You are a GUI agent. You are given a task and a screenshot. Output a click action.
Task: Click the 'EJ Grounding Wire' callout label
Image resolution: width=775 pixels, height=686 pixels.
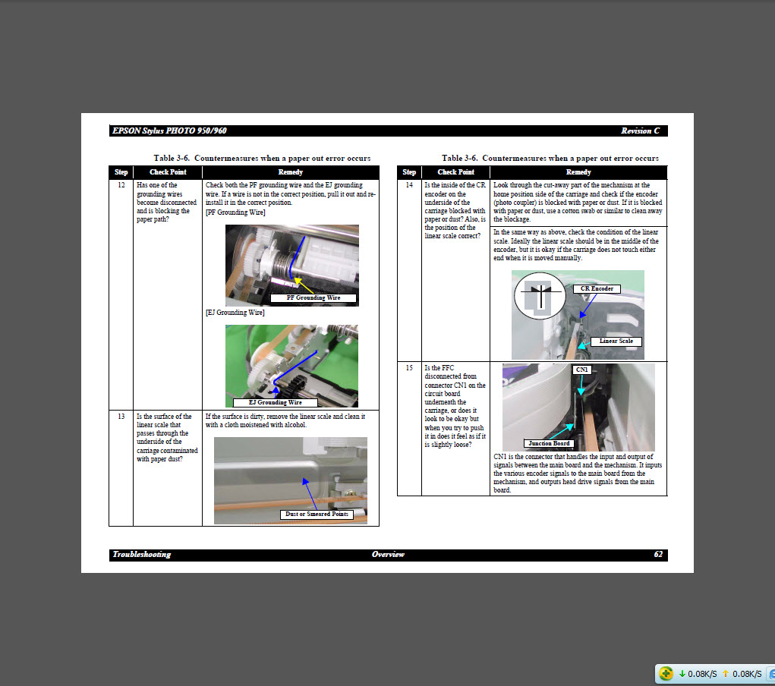(x=275, y=402)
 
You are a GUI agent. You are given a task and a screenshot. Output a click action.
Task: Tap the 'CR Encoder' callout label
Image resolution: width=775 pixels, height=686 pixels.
(x=596, y=288)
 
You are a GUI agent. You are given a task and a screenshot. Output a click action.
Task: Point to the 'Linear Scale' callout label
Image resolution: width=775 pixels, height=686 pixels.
(x=616, y=341)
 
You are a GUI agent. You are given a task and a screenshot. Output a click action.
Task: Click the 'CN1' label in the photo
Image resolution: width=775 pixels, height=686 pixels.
(x=581, y=369)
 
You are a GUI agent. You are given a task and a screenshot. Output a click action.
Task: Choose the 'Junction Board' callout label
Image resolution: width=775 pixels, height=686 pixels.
(x=549, y=443)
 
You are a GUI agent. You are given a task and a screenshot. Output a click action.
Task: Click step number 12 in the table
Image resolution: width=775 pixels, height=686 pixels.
(x=121, y=185)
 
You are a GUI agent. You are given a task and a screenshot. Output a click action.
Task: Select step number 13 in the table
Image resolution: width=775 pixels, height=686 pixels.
(x=121, y=417)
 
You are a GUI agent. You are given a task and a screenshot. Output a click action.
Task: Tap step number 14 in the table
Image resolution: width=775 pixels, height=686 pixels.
(x=409, y=185)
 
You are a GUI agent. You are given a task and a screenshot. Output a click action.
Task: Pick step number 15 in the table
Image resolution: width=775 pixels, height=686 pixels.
(x=409, y=367)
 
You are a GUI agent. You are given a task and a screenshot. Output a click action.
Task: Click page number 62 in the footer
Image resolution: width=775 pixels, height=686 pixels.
(x=657, y=555)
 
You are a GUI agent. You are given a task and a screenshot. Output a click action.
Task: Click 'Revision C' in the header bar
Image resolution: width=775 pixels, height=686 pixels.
(x=640, y=131)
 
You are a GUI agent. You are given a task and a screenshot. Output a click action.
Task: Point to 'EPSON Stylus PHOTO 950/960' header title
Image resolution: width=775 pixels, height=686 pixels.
(x=169, y=131)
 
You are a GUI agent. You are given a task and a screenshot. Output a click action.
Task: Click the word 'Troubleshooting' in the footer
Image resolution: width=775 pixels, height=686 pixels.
(x=142, y=555)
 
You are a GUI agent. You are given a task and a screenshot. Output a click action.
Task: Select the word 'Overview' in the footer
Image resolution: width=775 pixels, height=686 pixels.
(x=388, y=555)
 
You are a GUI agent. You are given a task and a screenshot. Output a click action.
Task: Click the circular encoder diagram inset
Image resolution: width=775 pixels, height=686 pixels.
(x=540, y=294)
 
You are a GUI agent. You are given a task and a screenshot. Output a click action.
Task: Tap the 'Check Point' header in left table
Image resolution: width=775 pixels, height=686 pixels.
(x=167, y=172)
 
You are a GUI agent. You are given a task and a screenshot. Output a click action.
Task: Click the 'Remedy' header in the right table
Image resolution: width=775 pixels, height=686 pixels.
(x=578, y=172)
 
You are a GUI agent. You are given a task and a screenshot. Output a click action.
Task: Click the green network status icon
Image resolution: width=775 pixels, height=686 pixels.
(x=666, y=673)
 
